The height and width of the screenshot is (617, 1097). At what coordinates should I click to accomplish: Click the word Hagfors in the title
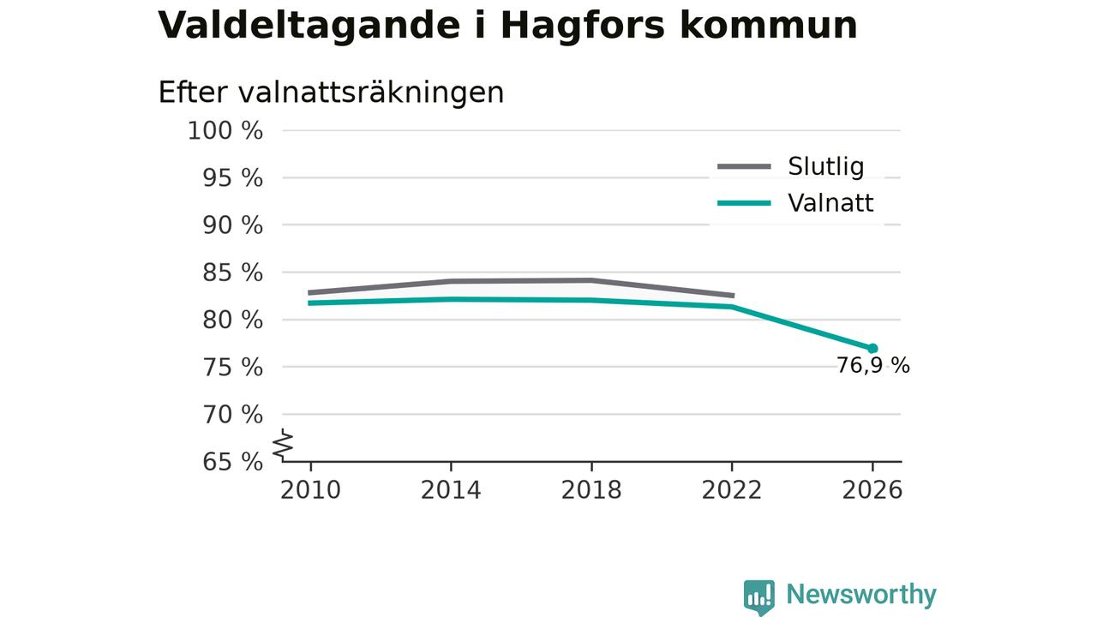[x=583, y=27]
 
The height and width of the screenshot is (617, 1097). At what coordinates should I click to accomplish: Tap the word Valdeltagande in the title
[x=309, y=27]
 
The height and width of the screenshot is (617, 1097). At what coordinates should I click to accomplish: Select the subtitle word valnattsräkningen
[x=371, y=93]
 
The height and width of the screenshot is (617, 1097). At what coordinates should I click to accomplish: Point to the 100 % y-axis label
[x=225, y=131]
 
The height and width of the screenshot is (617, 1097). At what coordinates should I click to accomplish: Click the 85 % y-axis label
[x=232, y=273]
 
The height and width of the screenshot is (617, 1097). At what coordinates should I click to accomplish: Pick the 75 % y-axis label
[x=232, y=368]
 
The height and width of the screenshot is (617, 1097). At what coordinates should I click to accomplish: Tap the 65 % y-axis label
[x=232, y=462]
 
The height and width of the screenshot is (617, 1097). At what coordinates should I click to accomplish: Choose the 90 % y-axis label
[x=232, y=225]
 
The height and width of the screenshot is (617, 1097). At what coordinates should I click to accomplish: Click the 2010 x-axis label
[x=310, y=490]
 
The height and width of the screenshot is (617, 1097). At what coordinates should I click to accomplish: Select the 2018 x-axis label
[x=591, y=490]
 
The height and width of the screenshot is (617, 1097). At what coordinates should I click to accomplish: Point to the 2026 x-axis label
[x=872, y=490]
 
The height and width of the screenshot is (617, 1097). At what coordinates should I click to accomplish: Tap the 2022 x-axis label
[x=732, y=490]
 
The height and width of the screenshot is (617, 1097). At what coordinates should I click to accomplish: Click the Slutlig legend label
[x=826, y=166]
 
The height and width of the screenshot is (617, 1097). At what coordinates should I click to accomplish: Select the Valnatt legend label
[x=830, y=203]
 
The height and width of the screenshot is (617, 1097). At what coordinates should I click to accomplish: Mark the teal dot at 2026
[x=872, y=349]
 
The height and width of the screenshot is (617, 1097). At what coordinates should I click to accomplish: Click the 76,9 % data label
[x=873, y=366]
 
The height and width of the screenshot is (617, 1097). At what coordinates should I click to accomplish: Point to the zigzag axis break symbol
[x=283, y=445]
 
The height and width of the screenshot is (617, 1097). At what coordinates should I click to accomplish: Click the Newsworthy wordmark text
[x=861, y=595]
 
